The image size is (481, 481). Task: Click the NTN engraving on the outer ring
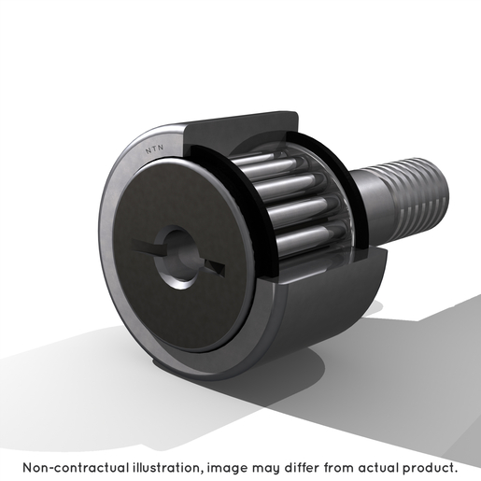pos(154,149)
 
